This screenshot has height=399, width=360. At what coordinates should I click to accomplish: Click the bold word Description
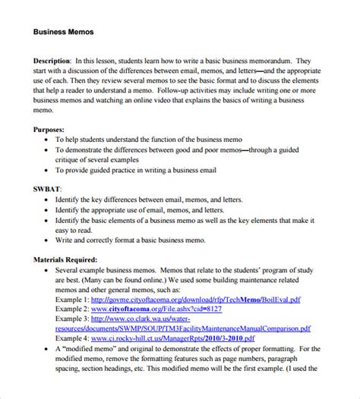(52, 59)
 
